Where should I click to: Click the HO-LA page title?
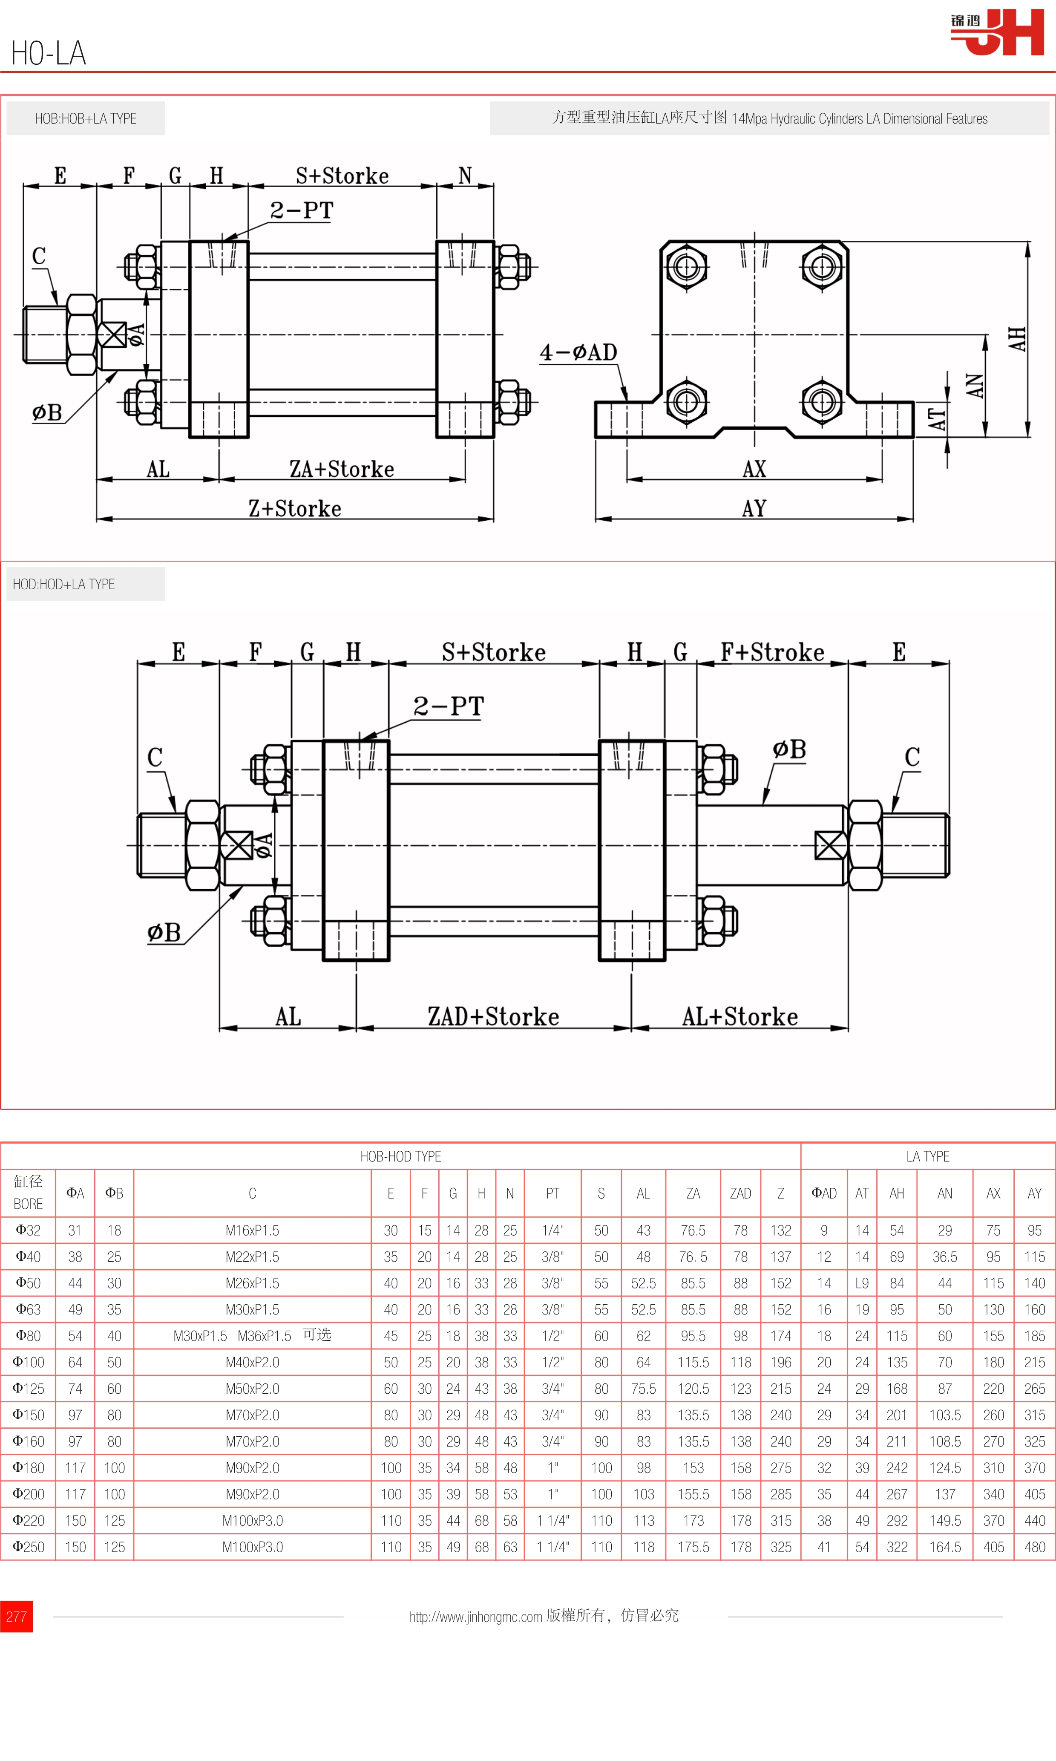click(x=49, y=53)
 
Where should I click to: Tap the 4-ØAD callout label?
click(x=578, y=352)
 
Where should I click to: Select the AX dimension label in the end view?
click(x=754, y=469)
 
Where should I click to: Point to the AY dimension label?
click(x=754, y=508)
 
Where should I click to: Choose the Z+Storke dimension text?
click(x=295, y=508)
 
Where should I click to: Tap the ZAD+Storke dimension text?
click(x=493, y=1017)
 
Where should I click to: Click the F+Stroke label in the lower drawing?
click(x=772, y=652)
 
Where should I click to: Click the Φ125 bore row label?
click(x=29, y=1389)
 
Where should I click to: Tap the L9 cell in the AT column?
click(x=862, y=1283)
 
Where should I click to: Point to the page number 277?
click(x=16, y=1617)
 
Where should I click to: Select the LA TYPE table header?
click(x=927, y=1157)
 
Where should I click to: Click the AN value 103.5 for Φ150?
click(x=944, y=1415)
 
